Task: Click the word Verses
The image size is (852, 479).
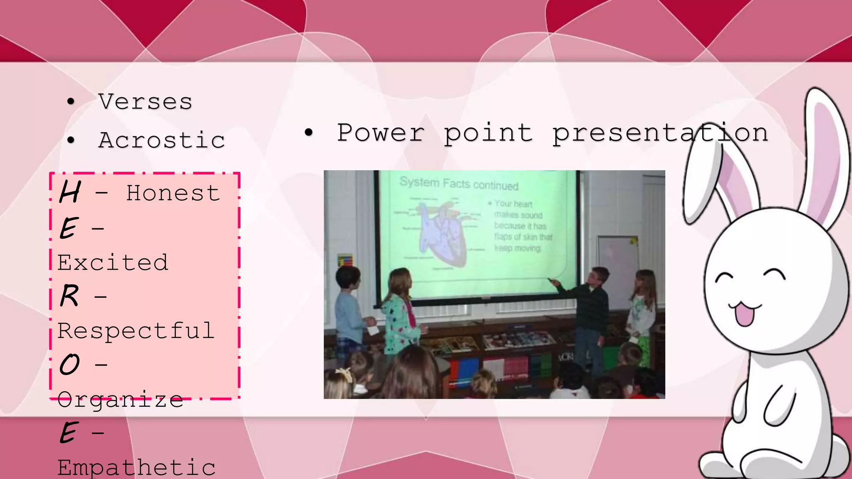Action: coord(145,102)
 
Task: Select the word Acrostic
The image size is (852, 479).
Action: coord(162,140)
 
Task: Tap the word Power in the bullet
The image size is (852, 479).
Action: coord(381,133)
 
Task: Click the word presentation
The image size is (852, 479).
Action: coord(660,133)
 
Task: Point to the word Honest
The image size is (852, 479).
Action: coord(173,193)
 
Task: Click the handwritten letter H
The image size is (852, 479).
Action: coord(70,192)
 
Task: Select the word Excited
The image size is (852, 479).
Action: coord(113,263)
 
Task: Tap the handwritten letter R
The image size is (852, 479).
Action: coord(69,296)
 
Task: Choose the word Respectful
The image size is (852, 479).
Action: coord(136,331)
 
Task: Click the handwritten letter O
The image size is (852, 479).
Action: coord(69,365)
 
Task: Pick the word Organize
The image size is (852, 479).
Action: coord(120,400)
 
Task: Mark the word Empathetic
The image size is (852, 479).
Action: coord(136,468)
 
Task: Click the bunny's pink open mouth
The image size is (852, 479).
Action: coord(744,315)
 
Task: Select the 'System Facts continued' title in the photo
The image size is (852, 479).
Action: coord(459,183)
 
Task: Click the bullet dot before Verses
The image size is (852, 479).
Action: coord(71,102)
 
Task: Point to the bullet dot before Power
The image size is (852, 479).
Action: coord(308,133)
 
